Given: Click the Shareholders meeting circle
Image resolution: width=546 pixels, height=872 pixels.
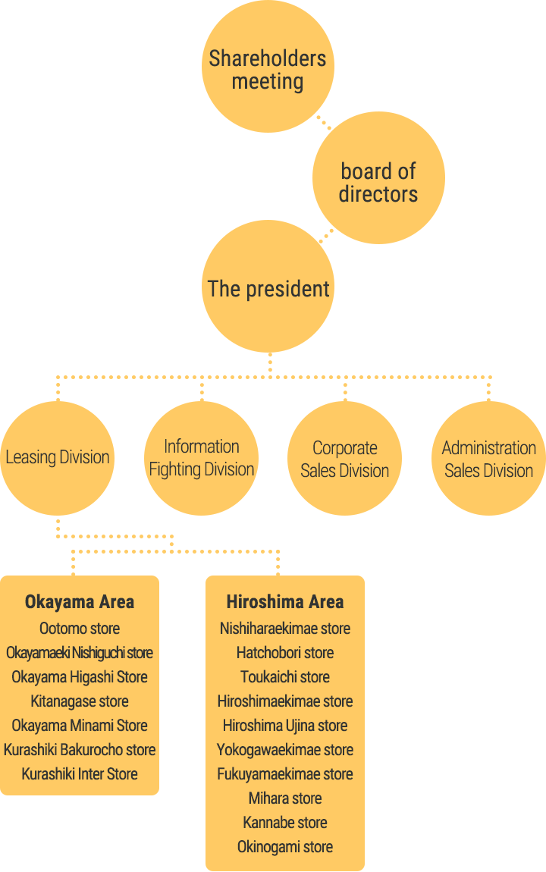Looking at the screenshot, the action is [x=268, y=66].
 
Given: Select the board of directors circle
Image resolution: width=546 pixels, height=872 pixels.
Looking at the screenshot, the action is [x=378, y=178].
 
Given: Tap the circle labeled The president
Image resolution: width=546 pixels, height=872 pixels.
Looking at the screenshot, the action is [x=268, y=287].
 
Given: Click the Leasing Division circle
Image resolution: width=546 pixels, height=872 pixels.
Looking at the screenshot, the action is [x=58, y=458].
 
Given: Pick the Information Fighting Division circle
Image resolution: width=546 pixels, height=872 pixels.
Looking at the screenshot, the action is [x=201, y=458].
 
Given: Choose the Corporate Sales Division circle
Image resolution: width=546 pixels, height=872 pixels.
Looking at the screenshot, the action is [x=345, y=458].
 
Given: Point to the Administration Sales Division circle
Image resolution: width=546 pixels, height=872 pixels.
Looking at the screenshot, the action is [x=488, y=458].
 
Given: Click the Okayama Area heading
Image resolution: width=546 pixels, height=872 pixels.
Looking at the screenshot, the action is [x=80, y=602].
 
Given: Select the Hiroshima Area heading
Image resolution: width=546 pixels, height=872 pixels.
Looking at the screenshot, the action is [x=285, y=602].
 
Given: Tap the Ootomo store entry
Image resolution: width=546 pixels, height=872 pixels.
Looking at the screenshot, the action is [x=80, y=629].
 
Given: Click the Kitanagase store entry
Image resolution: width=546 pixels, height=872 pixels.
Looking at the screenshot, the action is [x=80, y=701].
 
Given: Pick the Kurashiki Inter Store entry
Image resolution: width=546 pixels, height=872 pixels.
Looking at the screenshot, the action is [x=80, y=774].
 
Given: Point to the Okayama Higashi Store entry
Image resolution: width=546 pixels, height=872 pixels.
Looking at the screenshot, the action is [x=80, y=677].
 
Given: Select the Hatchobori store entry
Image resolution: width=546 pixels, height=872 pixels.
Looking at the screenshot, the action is [x=285, y=652].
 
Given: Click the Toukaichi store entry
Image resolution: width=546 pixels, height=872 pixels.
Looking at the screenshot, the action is [x=285, y=677].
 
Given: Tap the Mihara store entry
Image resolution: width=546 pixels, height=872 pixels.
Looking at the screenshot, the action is [x=285, y=798].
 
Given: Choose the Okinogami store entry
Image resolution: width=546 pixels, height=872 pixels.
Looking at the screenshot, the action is [x=285, y=847].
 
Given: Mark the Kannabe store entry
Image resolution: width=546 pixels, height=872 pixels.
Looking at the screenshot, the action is [x=285, y=823].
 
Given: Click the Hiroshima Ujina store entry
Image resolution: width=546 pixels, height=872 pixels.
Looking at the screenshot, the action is [x=285, y=725].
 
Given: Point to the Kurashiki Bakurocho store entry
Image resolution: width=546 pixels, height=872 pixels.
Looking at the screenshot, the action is [x=80, y=750].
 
